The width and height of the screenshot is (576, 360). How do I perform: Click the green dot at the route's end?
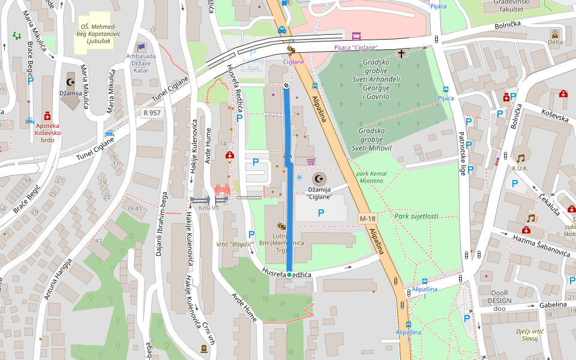[x=289, y=274]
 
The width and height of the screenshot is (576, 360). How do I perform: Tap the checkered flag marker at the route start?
[x=287, y=86]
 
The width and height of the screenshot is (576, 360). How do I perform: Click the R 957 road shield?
[x=152, y=112]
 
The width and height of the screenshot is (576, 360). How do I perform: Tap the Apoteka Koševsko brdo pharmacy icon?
[x=47, y=116]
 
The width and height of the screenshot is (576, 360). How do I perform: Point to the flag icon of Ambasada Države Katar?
[x=141, y=47]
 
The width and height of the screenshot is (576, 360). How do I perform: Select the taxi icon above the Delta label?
[x=556, y=34]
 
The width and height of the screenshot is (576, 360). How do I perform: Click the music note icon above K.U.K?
[x=520, y=158]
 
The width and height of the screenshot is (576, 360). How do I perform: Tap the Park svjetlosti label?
[x=416, y=216]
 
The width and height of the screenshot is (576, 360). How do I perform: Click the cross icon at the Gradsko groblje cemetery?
[x=401, y=53]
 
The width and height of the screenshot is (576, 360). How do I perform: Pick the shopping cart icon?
[x=311, y=161]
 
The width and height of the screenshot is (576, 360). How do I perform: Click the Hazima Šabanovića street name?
[x=541, y=242]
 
